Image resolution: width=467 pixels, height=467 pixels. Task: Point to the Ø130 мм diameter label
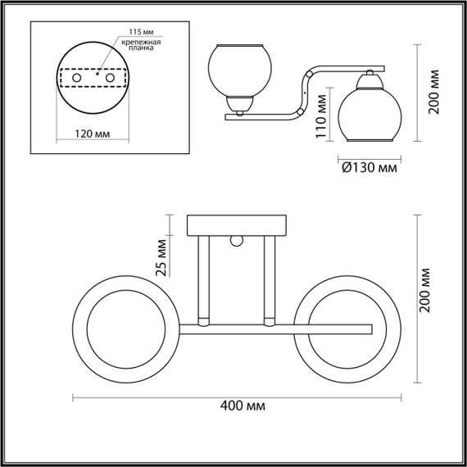click(368, 166)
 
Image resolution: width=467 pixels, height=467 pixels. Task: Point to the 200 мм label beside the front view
click(433, 297)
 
